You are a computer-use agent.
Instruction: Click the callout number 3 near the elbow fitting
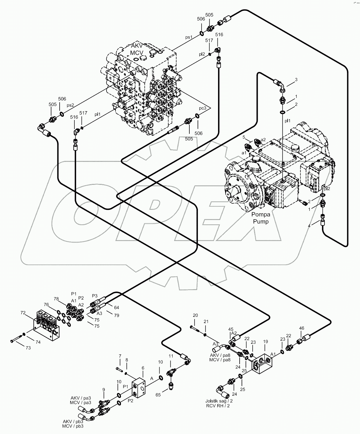296,80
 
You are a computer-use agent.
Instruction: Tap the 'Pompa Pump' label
261,218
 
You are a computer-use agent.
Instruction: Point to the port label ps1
189,37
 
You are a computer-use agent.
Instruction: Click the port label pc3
202,108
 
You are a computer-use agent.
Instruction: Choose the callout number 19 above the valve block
265,342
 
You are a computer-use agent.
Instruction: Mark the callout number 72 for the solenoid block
23,313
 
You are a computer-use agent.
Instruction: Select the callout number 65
158,395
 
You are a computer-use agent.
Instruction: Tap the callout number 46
302,328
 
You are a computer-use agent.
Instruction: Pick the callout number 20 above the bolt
195,315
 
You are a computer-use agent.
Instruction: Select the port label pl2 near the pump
327,188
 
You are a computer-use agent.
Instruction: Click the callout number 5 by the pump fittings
244,137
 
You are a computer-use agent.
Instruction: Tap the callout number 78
56,299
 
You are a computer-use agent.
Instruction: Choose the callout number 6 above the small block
143,368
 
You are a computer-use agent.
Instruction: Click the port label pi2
202,54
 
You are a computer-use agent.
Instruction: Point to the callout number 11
171,356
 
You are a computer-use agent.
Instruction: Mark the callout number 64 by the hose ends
117,307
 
